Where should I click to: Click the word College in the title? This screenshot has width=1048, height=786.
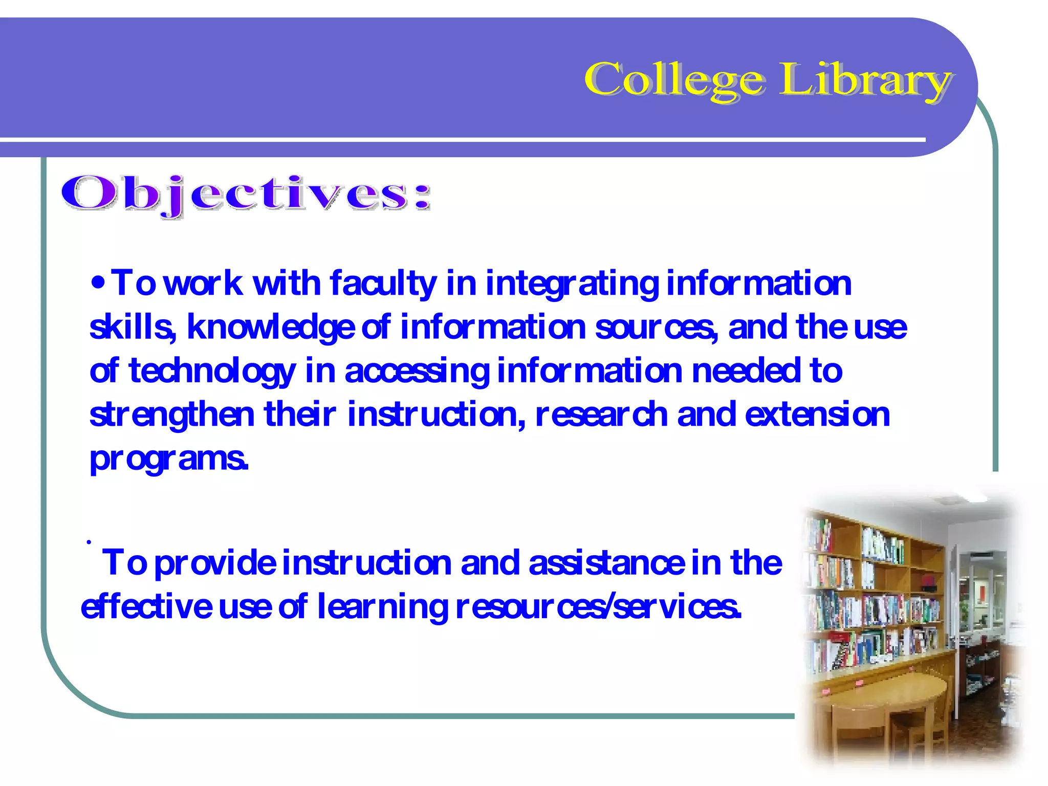point(674,79)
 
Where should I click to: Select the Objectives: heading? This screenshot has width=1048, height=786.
point(246,194)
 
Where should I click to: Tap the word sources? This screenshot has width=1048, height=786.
point(657,328)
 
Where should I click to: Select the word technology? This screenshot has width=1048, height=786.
point(212,372)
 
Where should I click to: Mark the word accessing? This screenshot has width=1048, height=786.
point(417,372)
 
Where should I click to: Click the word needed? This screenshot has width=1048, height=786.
point(746,370)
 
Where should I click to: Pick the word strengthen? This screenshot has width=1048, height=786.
point(172,415)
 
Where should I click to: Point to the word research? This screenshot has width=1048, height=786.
point(602,414)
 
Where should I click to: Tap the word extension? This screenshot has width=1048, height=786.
point(817,414)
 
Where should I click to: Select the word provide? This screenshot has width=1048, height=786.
point(215,563)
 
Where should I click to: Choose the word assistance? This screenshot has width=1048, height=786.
point(606,563)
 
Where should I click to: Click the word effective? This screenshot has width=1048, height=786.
point(146,607)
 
